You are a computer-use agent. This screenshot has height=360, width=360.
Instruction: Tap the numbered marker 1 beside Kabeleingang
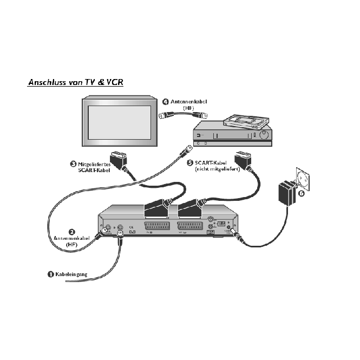click(50, 274)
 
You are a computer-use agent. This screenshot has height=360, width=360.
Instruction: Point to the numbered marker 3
click(73, 163)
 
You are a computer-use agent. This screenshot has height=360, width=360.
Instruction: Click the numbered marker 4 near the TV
click(166, 101)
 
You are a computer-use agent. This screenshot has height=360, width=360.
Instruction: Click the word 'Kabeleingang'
click(71, 274)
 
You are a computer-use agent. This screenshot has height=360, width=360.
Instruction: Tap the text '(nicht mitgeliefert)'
click(212, 169)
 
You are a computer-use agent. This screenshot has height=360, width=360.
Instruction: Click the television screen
click(120, 124)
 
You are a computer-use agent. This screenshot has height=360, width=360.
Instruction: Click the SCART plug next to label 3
click(119, 160)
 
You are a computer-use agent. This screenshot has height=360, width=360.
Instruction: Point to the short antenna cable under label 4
click(182, 116)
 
